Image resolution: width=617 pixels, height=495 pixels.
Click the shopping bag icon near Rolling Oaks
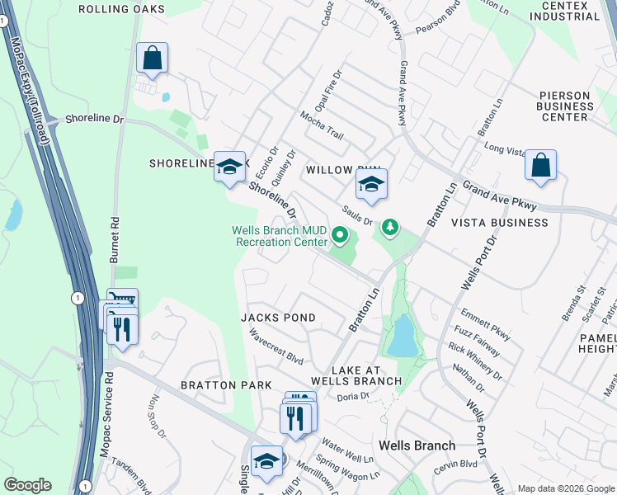152,58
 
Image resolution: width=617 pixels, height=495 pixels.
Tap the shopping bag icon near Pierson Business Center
540,165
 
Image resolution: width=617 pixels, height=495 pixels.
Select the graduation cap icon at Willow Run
371,185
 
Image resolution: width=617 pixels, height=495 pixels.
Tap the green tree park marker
389,225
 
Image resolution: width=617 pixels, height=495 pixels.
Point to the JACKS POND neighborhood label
278,318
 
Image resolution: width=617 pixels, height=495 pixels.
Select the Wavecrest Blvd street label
277,346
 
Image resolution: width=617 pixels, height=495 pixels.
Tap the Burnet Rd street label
115,240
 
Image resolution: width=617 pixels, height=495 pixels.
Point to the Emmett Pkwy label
486,322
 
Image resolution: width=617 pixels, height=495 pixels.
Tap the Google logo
27,485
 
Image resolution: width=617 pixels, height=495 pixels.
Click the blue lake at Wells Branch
402,337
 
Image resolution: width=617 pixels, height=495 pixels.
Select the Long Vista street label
505,149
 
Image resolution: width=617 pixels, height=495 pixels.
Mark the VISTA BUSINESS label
499,223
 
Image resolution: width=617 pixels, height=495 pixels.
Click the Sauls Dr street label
357,211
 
